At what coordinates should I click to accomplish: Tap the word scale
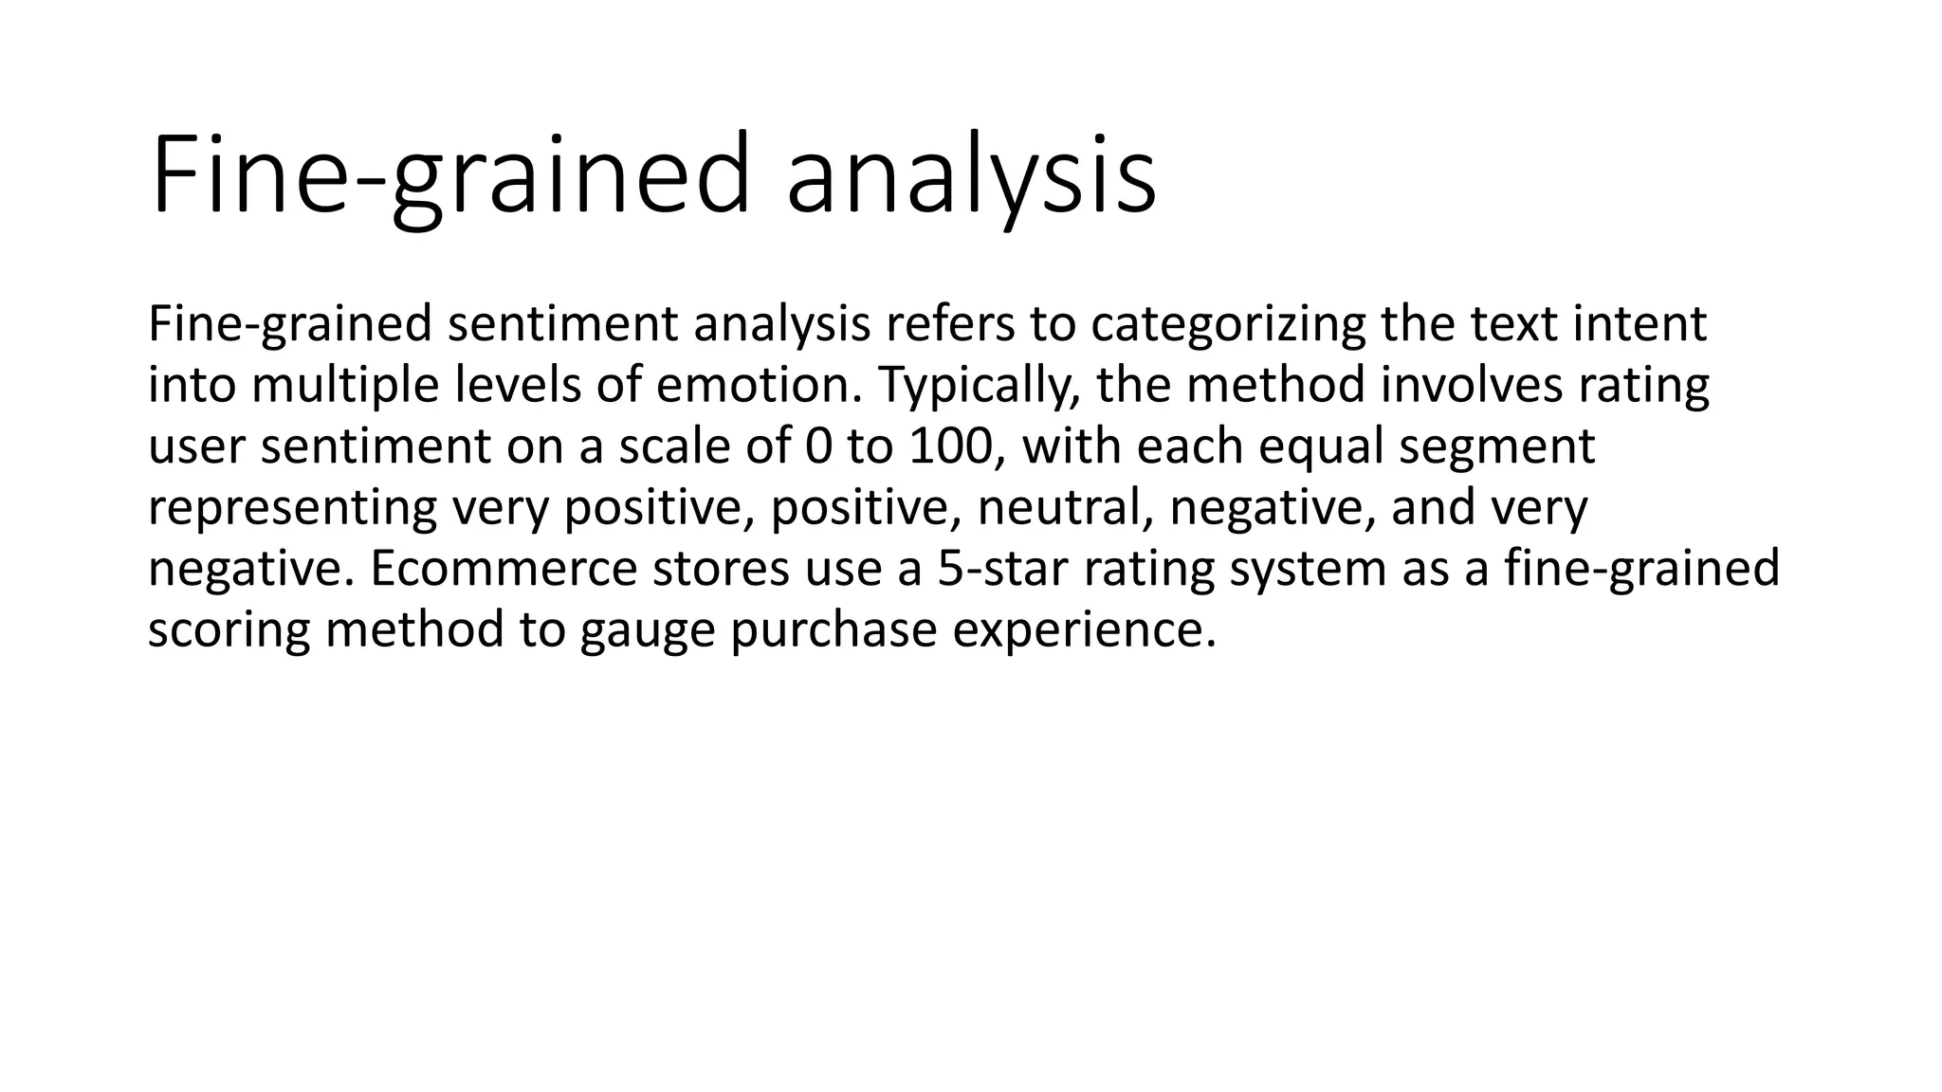pos(674,446)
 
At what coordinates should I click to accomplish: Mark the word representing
pos(292,508)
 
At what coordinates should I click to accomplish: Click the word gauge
pos(647,630)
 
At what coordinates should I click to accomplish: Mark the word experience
pos(1083,630)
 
